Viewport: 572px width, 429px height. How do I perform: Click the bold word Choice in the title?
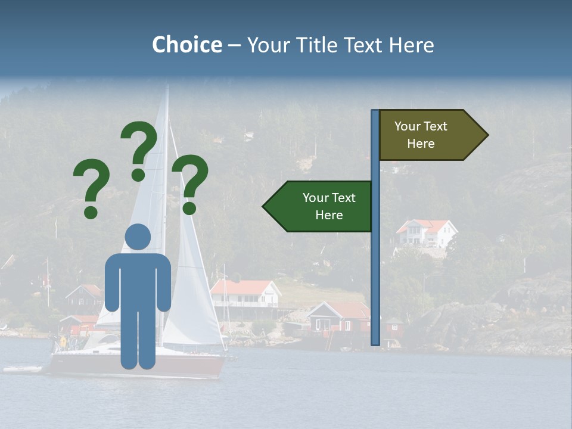point(186,45)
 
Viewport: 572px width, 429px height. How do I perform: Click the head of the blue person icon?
point(138,237)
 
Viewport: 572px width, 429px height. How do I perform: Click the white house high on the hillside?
point(426,233)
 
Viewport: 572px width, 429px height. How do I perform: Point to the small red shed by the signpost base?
point(393,326)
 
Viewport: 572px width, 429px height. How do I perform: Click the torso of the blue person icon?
point(138,280)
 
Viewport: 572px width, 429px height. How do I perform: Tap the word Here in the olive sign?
point(421,144)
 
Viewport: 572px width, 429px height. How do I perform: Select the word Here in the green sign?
point(329,215)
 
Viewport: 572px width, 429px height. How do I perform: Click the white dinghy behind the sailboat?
point(23,369)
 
